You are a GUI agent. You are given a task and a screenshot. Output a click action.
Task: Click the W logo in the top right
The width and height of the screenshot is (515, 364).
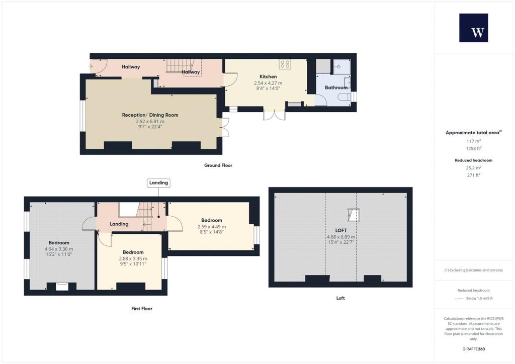pos(473,28)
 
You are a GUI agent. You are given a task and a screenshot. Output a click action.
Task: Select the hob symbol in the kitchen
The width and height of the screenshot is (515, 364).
pos(285,64)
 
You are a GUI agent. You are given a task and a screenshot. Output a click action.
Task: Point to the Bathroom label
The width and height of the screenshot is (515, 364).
pos(336,87)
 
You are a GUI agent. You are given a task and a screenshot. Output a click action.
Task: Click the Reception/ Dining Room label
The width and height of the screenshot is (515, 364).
pos(150,115)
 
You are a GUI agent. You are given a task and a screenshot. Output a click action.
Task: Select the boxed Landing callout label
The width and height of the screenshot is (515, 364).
pos(158,183)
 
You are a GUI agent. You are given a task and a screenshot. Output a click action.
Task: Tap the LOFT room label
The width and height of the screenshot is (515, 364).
pos(340,230)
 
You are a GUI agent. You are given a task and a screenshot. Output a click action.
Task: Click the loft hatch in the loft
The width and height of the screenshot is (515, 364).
pos(354,215)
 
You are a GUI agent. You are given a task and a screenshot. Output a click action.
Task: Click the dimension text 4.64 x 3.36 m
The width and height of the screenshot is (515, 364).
pos(59,249)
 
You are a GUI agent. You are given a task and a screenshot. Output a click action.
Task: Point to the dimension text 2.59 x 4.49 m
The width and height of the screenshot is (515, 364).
pos(212,227)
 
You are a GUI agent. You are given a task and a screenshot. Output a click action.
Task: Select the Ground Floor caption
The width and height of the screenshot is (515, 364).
pos(218,165)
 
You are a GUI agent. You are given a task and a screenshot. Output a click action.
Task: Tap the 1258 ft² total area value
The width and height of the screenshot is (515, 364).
pos(473,148)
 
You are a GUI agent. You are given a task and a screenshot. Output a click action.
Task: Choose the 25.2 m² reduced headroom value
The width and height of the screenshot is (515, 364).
pos(473,167)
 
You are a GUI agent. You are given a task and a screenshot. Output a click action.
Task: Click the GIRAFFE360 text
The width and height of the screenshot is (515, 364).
pos(473,349)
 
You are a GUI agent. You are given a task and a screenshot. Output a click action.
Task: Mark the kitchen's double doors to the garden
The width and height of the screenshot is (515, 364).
pos(274,115)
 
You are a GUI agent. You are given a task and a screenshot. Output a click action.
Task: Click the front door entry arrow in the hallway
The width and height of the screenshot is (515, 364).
pos(91,66)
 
